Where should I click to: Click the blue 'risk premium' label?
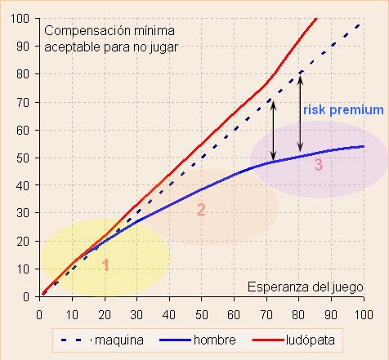[342, 109]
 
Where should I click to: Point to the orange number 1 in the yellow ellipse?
[105, 264]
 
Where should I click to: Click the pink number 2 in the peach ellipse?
[201, 210]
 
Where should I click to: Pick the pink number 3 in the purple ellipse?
[319, 165]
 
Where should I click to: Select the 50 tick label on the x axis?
[202, 311]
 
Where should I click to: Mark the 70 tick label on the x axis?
[266, 311]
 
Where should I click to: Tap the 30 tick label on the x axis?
[136, 311]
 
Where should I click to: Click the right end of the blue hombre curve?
[363, 147]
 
